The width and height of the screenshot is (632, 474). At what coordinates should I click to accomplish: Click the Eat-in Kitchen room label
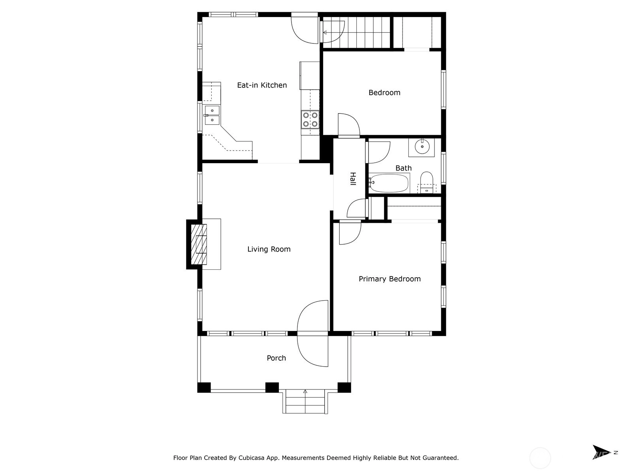pos(262,85)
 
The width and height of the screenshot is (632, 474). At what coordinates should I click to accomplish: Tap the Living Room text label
pos(269,249)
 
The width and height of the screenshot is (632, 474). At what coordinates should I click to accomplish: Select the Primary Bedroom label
pos(389,279)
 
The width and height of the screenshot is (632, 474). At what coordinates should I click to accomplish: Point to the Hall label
pos(353,179)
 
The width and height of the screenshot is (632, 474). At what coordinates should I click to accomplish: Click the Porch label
pos(276,358)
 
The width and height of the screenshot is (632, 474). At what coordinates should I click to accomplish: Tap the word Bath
pos(403,168)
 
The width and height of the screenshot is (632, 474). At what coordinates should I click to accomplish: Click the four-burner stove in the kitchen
pos(310,119)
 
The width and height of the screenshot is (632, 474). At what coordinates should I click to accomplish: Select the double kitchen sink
pos(212,115)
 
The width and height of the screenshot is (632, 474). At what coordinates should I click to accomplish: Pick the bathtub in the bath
pos(389,183)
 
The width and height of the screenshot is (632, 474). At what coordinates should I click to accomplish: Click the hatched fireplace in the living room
pos(199,244)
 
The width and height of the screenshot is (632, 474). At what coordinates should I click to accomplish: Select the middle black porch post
pos(272,387)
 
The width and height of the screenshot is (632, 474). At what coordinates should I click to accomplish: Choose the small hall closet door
pos(357,208)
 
